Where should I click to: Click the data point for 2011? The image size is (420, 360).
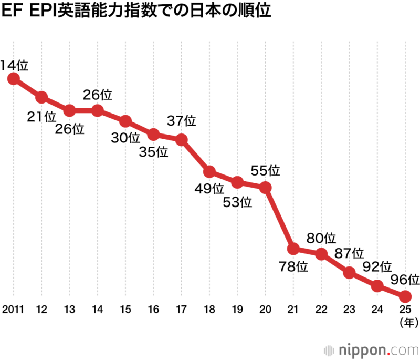pos(14,79)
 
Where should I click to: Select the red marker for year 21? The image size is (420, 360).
pos(293,248)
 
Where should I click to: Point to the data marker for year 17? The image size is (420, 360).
pos(182,140)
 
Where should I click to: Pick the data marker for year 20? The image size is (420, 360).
pos(266,187)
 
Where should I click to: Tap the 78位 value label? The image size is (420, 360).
pos(294,266)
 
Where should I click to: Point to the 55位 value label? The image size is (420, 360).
pos(266,170)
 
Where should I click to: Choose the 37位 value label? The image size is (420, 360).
pos(182,121)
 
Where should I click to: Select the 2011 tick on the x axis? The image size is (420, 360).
pos(14,308)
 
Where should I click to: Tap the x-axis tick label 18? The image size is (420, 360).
pos(209,308)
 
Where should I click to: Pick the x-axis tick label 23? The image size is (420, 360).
pos(349,308)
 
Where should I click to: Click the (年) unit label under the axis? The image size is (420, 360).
pos(405,320)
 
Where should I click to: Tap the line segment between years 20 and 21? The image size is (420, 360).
pos(280,218)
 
